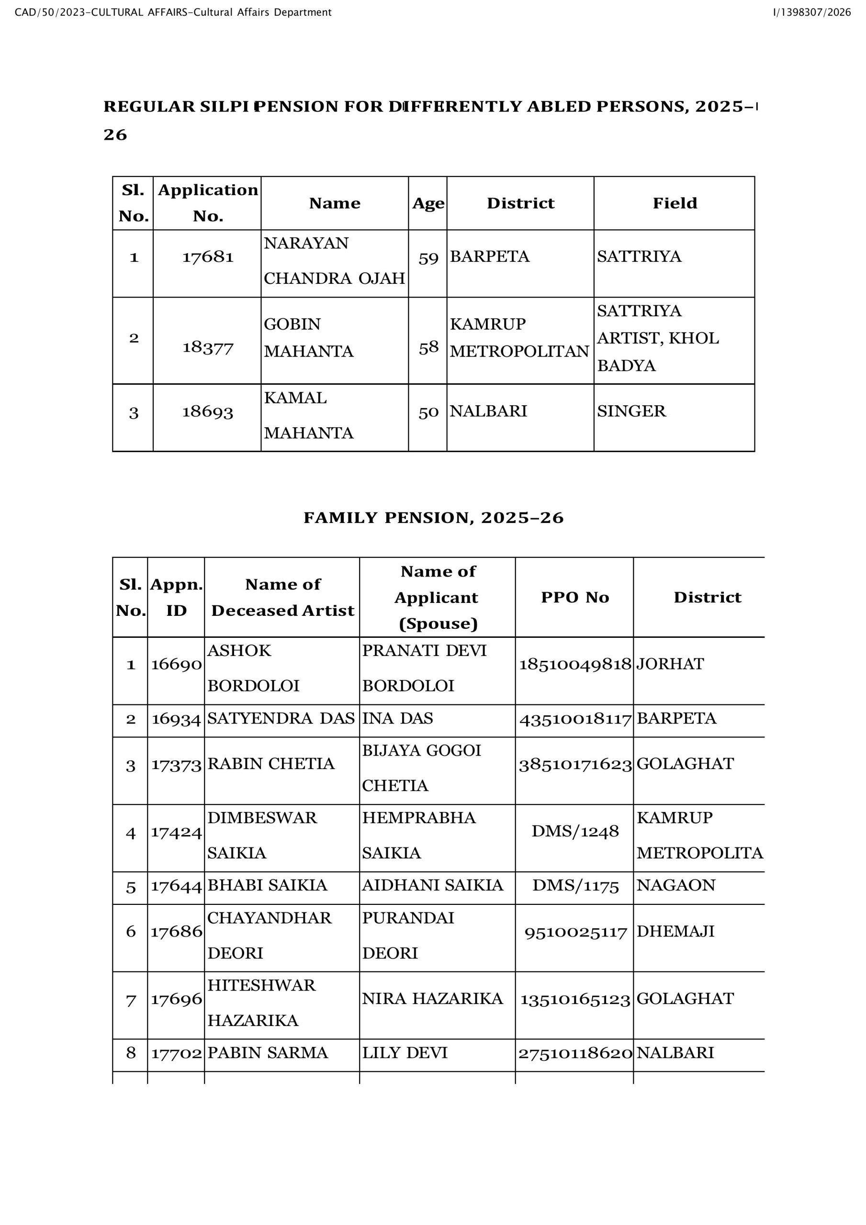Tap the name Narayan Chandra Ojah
pyautogui.click(x=334, y=261)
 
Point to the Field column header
pyautogui.click(x=675, y=203)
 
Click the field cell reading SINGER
pyautogui.click(x=631, y=411)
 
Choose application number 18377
pyautogui.click(x=208, y=348)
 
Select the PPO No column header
pyautogui.click(x=574, y=597)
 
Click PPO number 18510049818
pyautogui.click(x=575, y=664)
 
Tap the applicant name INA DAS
pyautogui.click(x=397, y=718)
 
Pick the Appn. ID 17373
pyautogui.click(x=176, y=765)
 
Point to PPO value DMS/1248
pyautogui.click(x=575, y=831)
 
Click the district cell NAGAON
pyautogui.click(x=675, y=885)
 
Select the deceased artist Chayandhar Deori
pyautogui.click(x=269, y=935)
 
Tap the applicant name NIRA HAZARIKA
pyautogui.click(x=432, y=998)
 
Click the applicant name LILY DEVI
pyautogui.click(x=405, y=1053)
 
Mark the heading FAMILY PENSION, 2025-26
pyautogui.click(x=434, y=518)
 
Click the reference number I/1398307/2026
pyautogui.click(x=811, y=12)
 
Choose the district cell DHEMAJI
pyautogui.click(x=675, y=931)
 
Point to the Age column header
pyautogui.click(x=427, y=203)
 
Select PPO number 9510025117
pyautogui.click(x=575, y=933)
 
